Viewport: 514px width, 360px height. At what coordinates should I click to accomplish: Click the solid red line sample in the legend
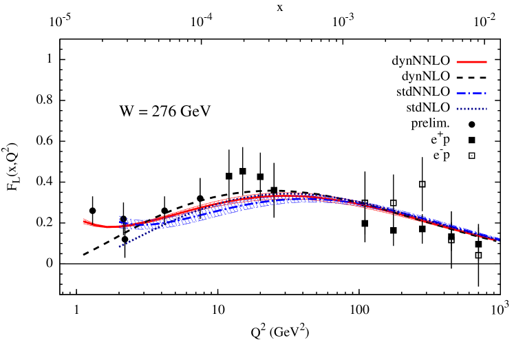[x=471, y=62]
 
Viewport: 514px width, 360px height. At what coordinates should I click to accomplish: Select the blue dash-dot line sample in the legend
[x=471, y=93]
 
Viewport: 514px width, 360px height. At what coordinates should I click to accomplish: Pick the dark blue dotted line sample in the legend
[x=471, y=109]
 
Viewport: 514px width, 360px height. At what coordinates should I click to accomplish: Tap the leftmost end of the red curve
[x=85, y=222]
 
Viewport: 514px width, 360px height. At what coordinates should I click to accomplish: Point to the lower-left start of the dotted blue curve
[x=119, y=246]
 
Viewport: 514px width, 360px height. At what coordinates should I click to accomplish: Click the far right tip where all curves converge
[x=498, y=240]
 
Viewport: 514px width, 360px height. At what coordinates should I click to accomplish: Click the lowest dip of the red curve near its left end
[x=107, y=226]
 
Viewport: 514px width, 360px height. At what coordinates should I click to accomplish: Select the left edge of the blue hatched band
[x=120, y=220]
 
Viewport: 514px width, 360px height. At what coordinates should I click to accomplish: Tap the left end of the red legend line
[x=458, y=62]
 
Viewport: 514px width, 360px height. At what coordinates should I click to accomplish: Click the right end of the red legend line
[x=486, y=62]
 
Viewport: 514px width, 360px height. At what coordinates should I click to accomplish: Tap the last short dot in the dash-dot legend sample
[x=485, y=93]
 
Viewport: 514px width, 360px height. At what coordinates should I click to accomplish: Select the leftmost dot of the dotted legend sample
[x=458, y=109]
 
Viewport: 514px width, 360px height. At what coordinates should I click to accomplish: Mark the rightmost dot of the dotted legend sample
[x=486, y=109]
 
